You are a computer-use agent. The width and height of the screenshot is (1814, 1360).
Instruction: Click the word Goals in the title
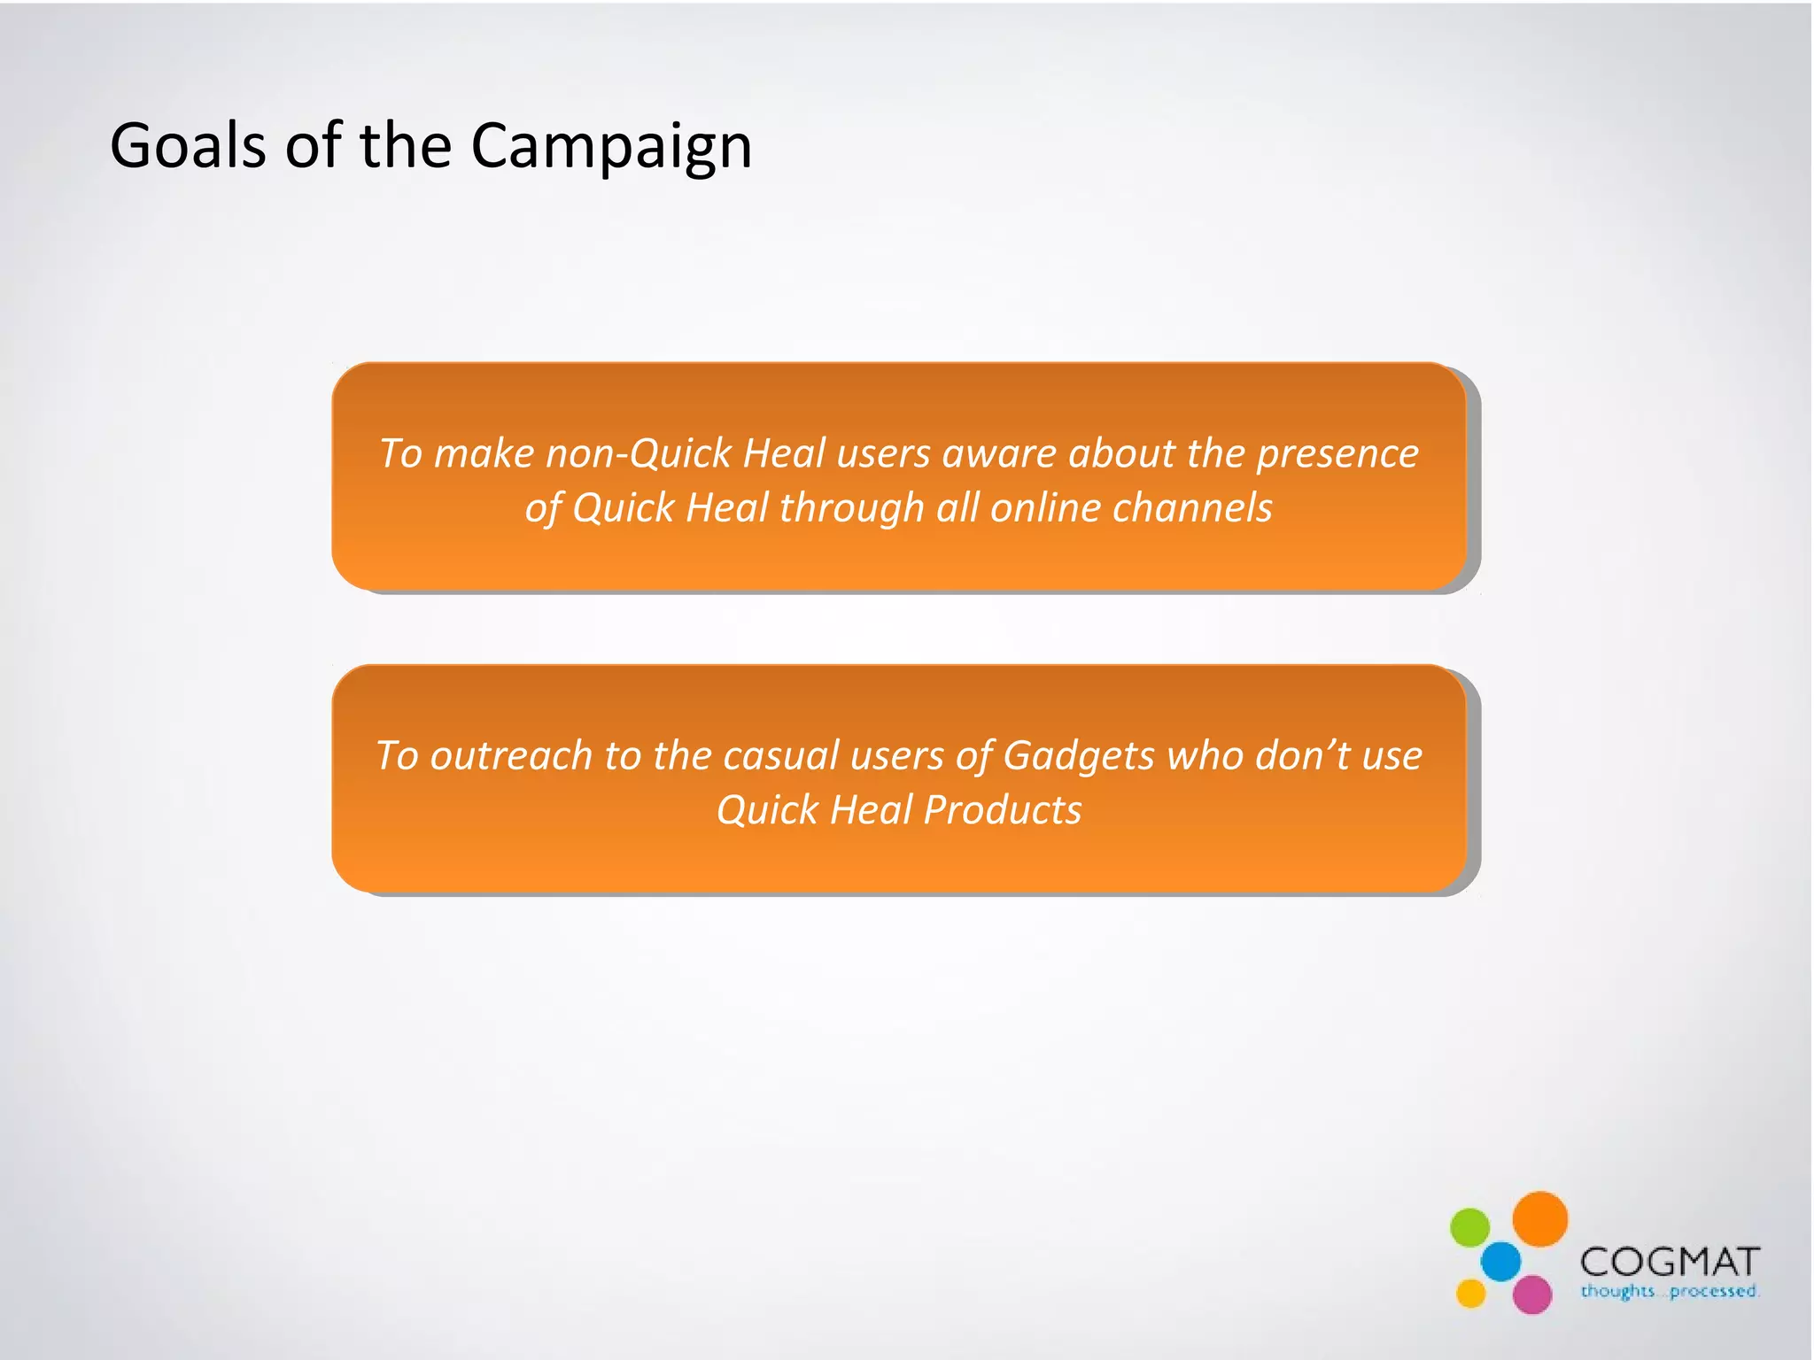(187, 146)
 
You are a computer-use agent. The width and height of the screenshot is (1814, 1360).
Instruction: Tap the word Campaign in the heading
(611, 146)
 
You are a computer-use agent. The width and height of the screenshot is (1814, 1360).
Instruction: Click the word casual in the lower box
(780, 756)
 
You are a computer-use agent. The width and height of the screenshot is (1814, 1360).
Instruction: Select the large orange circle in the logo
(1539, 1219)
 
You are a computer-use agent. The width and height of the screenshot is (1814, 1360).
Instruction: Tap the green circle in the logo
(1469, 1227)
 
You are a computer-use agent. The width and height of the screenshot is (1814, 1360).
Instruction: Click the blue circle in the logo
(1500, 1261)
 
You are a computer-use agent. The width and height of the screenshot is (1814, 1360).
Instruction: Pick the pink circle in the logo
(1531, 1294)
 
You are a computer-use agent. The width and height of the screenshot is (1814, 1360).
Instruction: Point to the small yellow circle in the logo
(1470, 1293)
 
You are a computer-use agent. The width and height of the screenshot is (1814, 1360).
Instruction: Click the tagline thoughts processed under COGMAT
(1669, 1291)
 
